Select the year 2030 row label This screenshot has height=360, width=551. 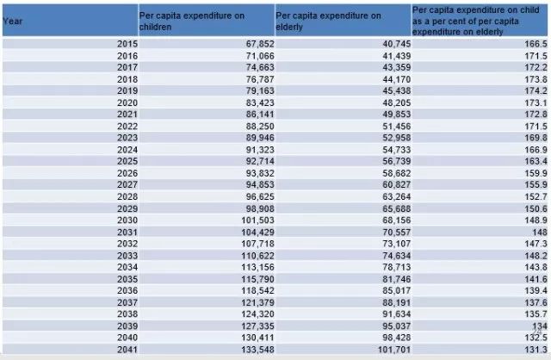126,220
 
